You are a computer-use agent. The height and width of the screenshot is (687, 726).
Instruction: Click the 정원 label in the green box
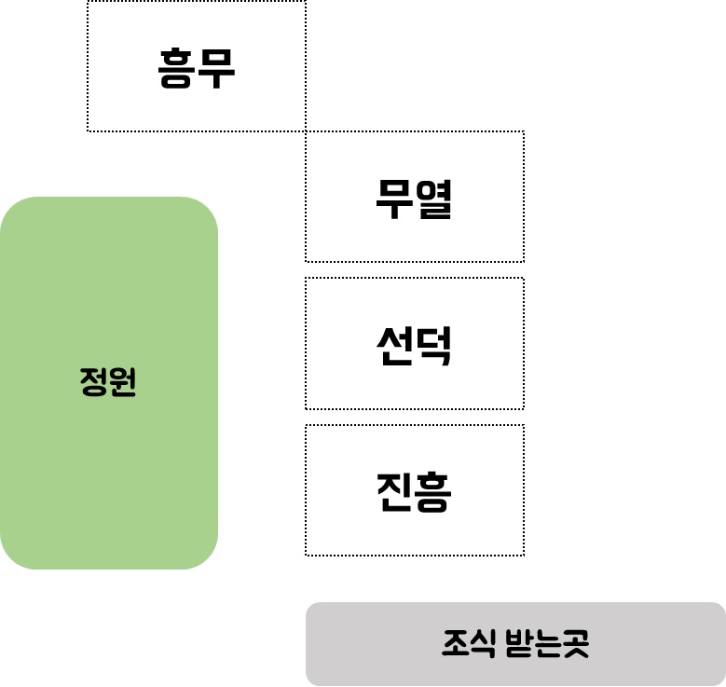108,382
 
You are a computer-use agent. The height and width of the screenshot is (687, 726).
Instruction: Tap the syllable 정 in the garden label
94,382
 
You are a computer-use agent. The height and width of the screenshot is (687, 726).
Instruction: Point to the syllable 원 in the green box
123,382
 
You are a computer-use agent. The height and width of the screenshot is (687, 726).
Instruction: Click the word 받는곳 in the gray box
547,643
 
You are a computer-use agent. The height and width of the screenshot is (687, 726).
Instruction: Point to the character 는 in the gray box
547,643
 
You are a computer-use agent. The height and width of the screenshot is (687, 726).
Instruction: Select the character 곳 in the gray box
575,643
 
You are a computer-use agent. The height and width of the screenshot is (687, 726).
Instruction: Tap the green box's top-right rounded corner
207,208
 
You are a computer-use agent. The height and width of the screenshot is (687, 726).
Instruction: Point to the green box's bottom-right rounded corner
207,557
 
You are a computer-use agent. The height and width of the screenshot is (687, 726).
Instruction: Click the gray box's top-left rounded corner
311,608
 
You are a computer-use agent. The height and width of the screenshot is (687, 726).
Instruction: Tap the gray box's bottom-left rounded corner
311,680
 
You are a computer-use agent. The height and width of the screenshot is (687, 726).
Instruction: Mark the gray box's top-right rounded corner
719,608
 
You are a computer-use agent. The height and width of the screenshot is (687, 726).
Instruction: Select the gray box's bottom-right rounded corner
719,680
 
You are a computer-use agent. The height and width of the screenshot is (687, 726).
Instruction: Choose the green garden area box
108,280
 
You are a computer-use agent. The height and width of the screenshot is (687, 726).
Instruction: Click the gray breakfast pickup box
373,643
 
